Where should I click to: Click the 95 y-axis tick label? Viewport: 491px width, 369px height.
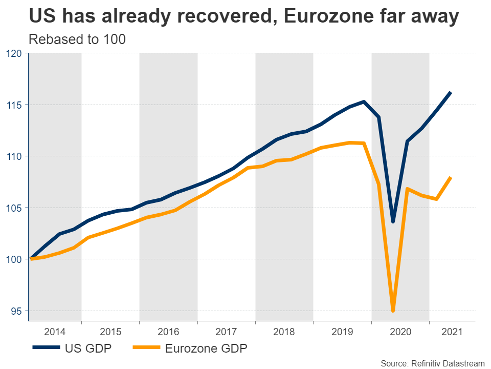pos(16,311)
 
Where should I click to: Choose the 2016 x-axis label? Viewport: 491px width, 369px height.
pos(169,332)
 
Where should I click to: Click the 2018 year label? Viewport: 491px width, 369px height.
pos(284,332)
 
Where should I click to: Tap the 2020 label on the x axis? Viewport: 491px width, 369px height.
pos(400,332)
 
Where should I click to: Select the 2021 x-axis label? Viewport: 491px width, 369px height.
pos(450,332)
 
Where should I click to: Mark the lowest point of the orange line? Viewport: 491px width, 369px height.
pos(393,311)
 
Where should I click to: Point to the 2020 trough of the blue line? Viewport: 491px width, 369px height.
pos(393,222)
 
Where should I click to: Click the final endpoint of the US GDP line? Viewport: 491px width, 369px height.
pos(451,93)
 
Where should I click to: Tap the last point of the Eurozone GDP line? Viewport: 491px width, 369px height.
pos(451,178)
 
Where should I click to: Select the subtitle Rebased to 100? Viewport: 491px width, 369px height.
pos(77,39)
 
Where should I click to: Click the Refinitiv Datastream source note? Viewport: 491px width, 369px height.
pos(433,363)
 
